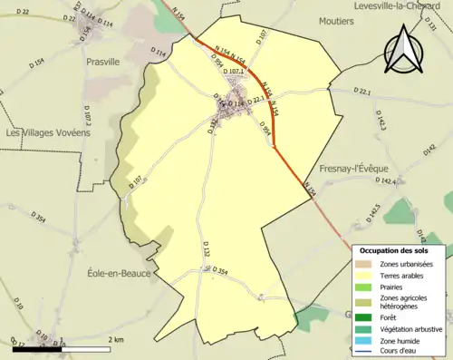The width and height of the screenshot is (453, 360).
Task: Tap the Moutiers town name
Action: [x=337, y=44]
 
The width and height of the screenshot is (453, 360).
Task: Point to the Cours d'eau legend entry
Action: [x=403, y=352]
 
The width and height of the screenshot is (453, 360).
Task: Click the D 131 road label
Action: [x=431, y=27]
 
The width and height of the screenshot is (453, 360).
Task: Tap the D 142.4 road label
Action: [x=385, y=181]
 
